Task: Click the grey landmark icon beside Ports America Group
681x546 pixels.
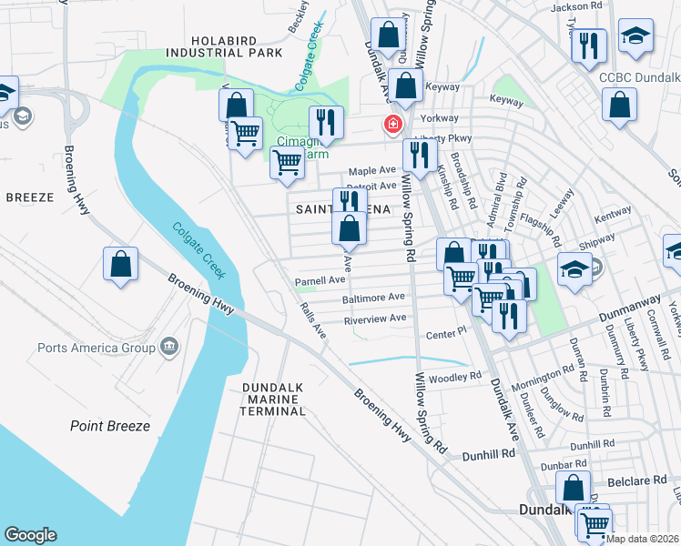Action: [x=169, y=346]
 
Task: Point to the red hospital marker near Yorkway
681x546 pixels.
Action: [x=393, y=124]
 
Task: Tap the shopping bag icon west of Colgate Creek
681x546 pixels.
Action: [x=120, y=266]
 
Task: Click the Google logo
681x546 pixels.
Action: [x=30, y=535]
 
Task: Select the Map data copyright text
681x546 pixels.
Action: [x=643, y=539]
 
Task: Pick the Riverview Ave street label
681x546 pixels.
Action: [x=374, y=318]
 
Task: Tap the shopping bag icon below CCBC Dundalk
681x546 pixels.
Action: [x=619, y=105]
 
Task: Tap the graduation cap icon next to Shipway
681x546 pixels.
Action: [x=575, y=268]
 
